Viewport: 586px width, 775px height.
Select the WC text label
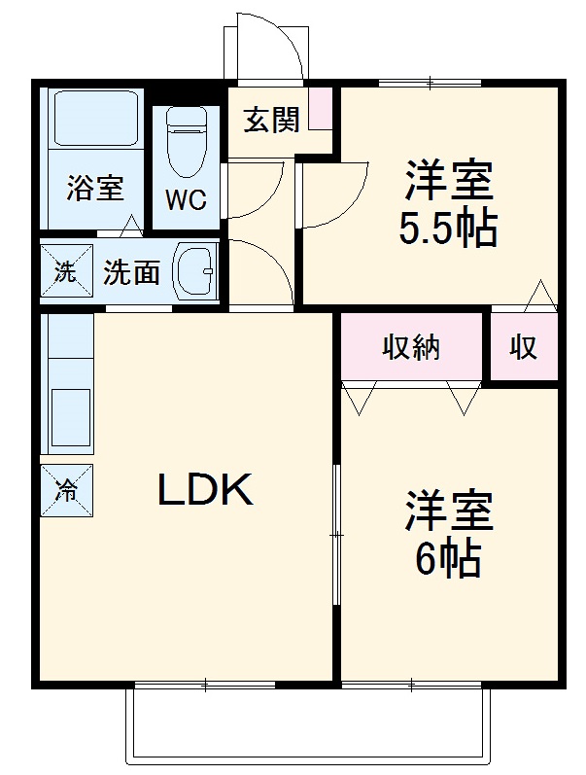click(185, 200)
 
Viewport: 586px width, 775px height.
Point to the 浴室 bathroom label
click(94, 188)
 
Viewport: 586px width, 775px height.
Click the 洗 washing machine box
click(64, 272)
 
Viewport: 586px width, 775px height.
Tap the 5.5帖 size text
click(448, 229)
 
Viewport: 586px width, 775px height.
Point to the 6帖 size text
click(448, 558)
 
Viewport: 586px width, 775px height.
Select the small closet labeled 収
click(524, 346)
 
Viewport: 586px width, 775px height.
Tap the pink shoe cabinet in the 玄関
click(320, 109)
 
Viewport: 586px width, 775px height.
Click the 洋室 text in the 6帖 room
click(448, 511)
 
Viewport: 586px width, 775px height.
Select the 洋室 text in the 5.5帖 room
click(448, 181)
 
